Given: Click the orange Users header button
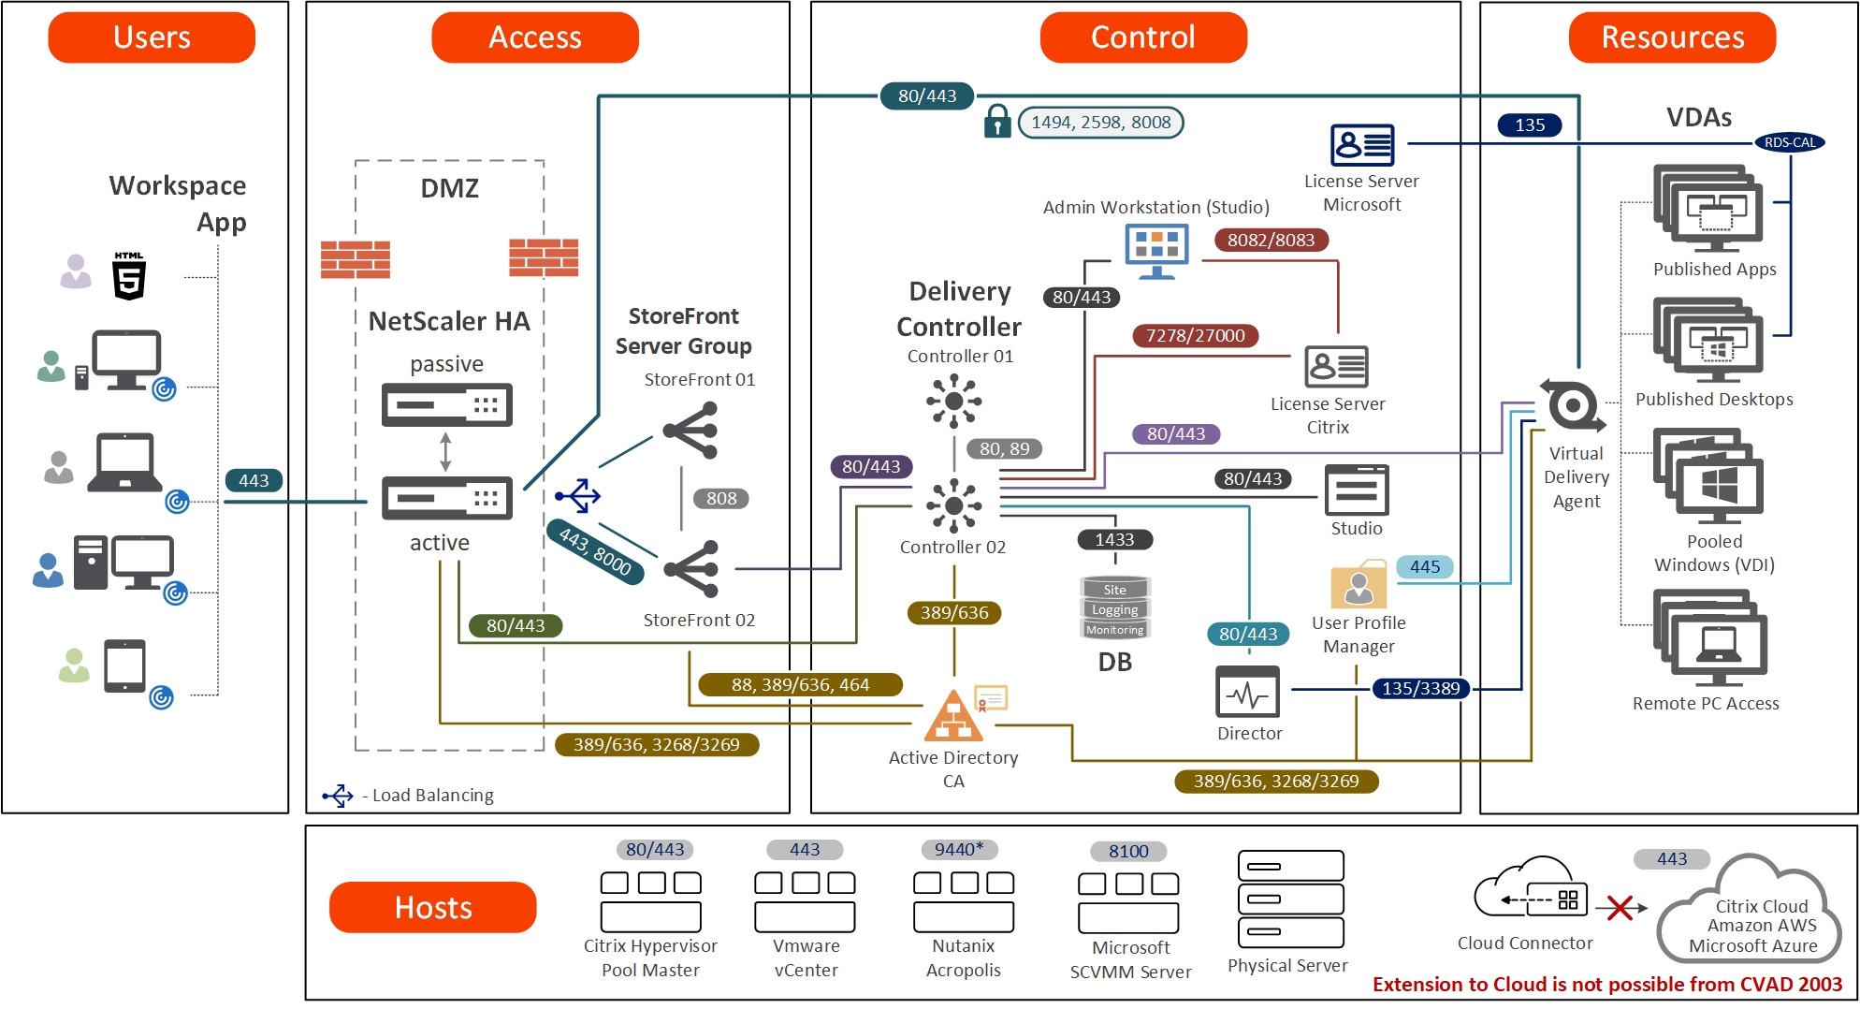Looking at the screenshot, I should [152, 37].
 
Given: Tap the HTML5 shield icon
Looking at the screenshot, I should [129, 276].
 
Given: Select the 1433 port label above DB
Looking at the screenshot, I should [1114, 540].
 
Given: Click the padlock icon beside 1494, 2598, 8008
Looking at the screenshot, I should [997, 122].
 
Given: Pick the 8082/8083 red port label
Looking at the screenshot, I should [1271, 240].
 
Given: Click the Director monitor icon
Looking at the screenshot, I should [1247, 693].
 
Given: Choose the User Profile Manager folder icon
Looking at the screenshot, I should [1358, 586].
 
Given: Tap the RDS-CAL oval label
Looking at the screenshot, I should [1789, 142].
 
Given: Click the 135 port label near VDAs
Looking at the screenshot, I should [1530, 124].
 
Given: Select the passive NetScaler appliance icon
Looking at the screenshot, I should [446, 405].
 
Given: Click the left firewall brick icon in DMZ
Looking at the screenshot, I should [356, 259].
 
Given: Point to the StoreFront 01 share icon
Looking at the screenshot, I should [691, 431].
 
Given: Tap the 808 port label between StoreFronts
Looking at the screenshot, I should [721, 499].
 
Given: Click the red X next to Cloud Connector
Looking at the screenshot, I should [1620, 907].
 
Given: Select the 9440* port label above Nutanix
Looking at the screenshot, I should [959, 849].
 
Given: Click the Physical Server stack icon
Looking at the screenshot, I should [1290, 899].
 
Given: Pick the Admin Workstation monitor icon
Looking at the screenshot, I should [1157, 251].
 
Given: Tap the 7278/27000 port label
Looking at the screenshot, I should [1195, 335].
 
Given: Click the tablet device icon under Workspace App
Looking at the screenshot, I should [124, 665].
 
